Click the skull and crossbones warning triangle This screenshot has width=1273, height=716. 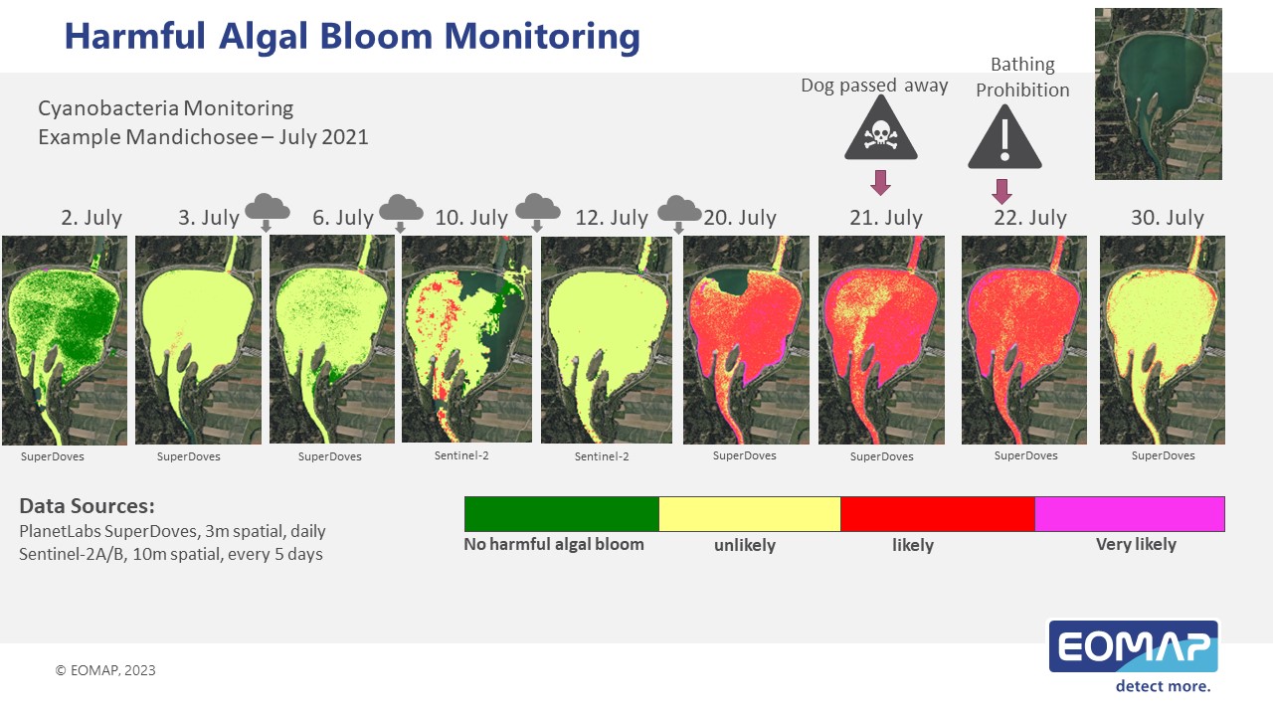click(880, 129)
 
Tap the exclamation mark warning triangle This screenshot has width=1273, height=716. click(1004, 138)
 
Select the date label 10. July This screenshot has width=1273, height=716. click(471, 218)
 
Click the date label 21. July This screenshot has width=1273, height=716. click(886, 218)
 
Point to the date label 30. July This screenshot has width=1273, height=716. click(1168, 218)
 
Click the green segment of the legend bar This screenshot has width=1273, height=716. click(562, 514)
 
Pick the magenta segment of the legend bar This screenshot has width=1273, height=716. click(1130, 514)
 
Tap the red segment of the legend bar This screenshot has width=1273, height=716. click(938, 514)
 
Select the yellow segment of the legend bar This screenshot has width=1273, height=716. click(750, 514)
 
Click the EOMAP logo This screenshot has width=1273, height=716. click(1133, 655)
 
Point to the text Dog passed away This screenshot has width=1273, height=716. click(874, 86)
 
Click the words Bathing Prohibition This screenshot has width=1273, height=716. click(1022, 78)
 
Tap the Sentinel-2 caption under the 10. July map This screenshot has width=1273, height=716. click(461, 455)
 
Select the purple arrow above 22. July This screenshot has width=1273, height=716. click(1001, 192)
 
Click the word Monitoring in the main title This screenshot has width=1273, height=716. click(542, 37)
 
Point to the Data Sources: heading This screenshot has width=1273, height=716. click(87, 506)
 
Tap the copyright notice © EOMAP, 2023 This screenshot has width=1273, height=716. click(105, 670)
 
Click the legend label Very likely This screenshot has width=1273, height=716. click(1136, 544)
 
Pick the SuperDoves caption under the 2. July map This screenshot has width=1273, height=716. click(53, 456)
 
